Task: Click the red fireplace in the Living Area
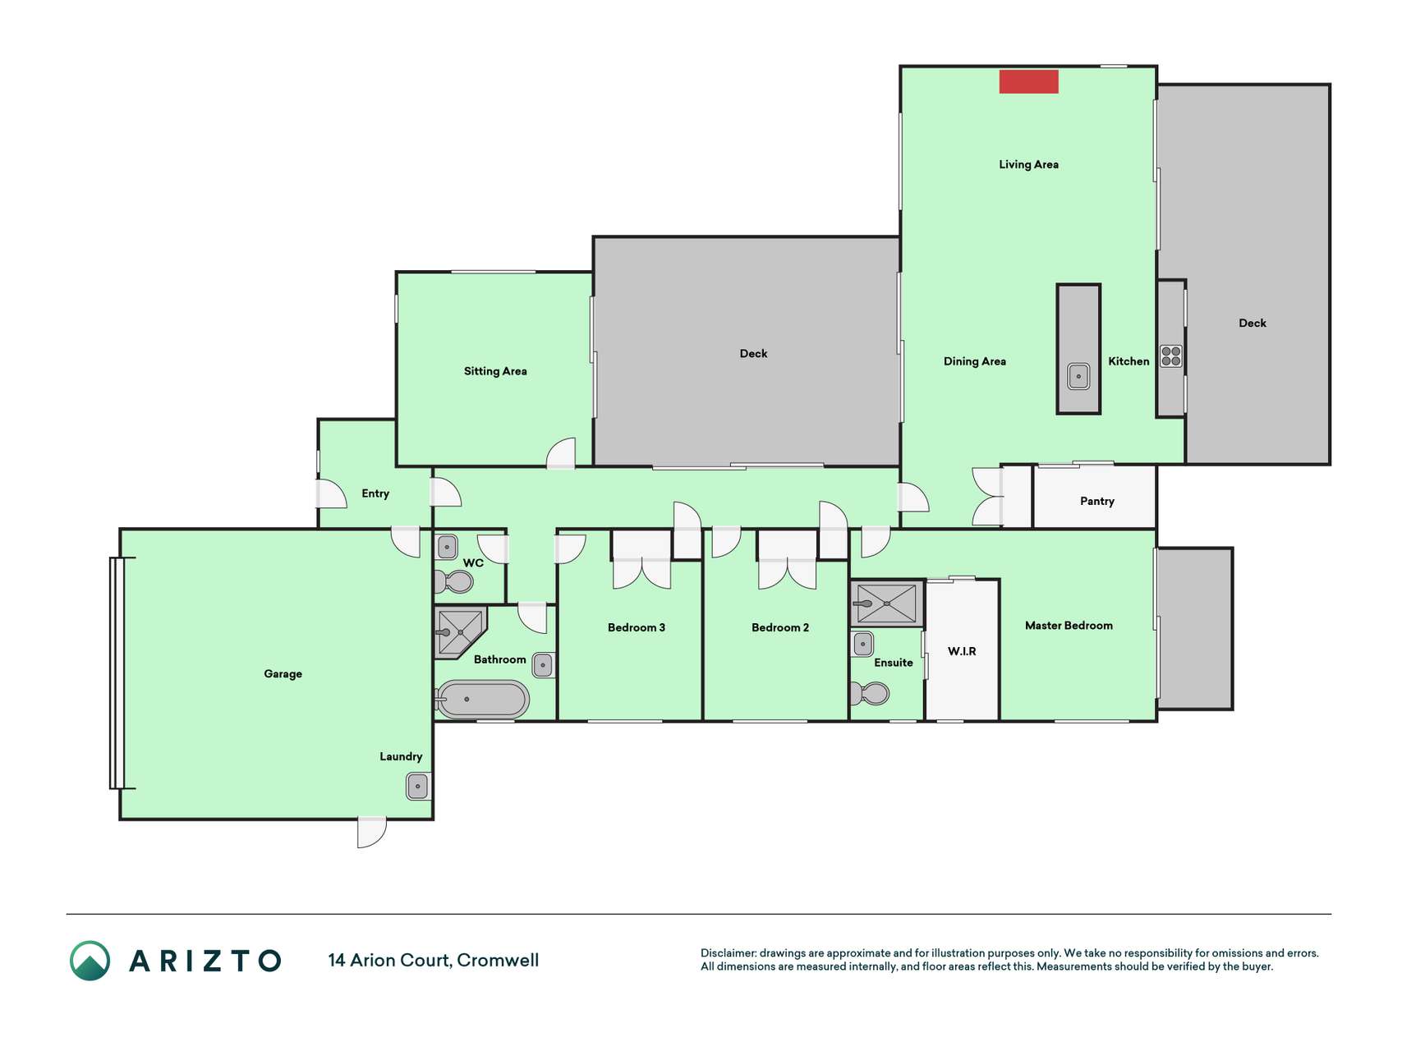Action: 1028,81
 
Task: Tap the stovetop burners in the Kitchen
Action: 1170,356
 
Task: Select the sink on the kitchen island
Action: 1078,376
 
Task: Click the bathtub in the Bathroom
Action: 482,700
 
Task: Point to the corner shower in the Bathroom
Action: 458,632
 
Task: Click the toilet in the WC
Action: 454,581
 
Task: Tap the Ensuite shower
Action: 887,604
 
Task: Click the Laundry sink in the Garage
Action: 418,786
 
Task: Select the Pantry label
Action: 1096,501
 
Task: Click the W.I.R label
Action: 962,651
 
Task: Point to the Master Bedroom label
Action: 1069,626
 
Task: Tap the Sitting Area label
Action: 495,371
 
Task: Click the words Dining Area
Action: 974,361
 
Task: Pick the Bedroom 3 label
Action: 636,627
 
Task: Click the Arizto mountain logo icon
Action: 90,961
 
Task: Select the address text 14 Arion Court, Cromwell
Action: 433,961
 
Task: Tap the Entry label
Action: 375,493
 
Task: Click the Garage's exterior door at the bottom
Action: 372,831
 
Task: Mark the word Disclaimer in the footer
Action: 728,953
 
